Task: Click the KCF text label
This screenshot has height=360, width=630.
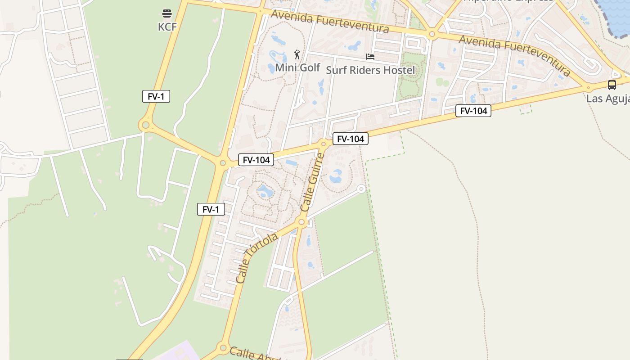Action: tap(167, 27)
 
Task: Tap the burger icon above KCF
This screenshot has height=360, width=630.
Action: tap(167, 13)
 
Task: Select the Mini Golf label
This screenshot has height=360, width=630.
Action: tap(297, 67)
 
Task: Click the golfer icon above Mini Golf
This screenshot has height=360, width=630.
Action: tap(297, 55)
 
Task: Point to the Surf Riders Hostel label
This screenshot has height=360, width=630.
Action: tap(370, 70)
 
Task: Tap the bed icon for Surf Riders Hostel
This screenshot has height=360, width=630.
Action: tap(370, 57)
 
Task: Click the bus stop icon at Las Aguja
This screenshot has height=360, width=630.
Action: tap(612, 85)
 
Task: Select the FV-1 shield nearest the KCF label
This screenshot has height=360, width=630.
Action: tap(156, 96)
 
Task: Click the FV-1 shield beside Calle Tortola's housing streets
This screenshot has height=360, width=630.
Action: tap(211, 209)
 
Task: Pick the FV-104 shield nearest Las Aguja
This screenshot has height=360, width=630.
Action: tap(473, 111)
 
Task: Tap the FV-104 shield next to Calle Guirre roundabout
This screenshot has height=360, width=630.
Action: tap(351, 139)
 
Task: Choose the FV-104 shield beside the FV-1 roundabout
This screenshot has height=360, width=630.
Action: tap(256, 160)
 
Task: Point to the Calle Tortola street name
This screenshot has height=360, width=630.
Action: tap(257, 258)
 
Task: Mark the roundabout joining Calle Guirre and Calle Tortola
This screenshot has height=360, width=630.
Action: tap(302, 222)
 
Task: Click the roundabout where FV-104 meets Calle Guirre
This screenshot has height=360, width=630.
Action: tap(323, 144)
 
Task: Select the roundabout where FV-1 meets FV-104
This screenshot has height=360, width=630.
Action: tap(222, 163)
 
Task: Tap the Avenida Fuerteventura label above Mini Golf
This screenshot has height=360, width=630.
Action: tap(330, 21)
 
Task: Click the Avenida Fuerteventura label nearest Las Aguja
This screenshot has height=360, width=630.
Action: tap(515, 55)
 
